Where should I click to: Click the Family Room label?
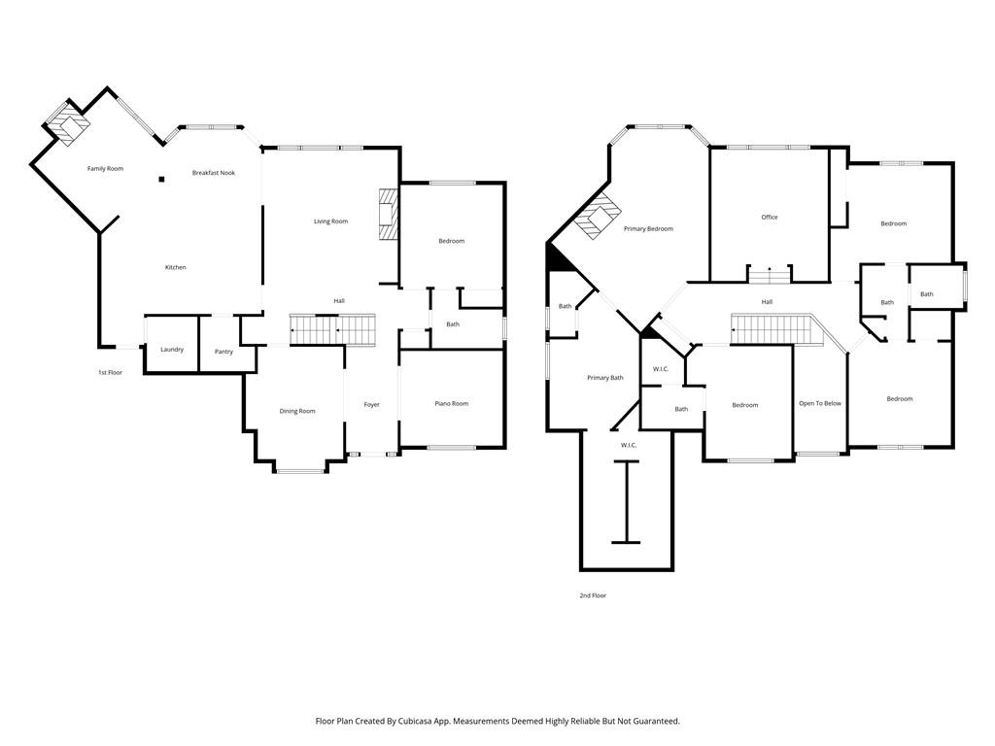[x=105, y=169]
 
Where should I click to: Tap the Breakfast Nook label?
[x=213, y=173]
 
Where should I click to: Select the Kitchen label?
[x=175, y=268]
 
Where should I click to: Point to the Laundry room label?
[x=172, y=350]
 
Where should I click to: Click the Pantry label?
[x=223, y=352]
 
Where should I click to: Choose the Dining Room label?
[x=297, y=412]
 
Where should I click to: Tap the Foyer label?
[x=371, y=405]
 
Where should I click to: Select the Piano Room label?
[x=451, y=404]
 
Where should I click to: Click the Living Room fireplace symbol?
[x=388, y=213]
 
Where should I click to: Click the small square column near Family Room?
[x=162, y=179]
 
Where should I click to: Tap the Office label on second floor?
[x=769, y=218]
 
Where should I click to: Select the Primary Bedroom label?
[x=648, y=229]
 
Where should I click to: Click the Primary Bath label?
[x=604, y=378]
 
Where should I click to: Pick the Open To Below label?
[x=819, y=404]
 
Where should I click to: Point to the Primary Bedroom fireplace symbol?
[x=597, y=215]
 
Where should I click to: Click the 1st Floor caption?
[x=109, y=373]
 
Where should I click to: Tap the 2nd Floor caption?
[x=592, y=595]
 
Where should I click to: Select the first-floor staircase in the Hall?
[x=332, y=329]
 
